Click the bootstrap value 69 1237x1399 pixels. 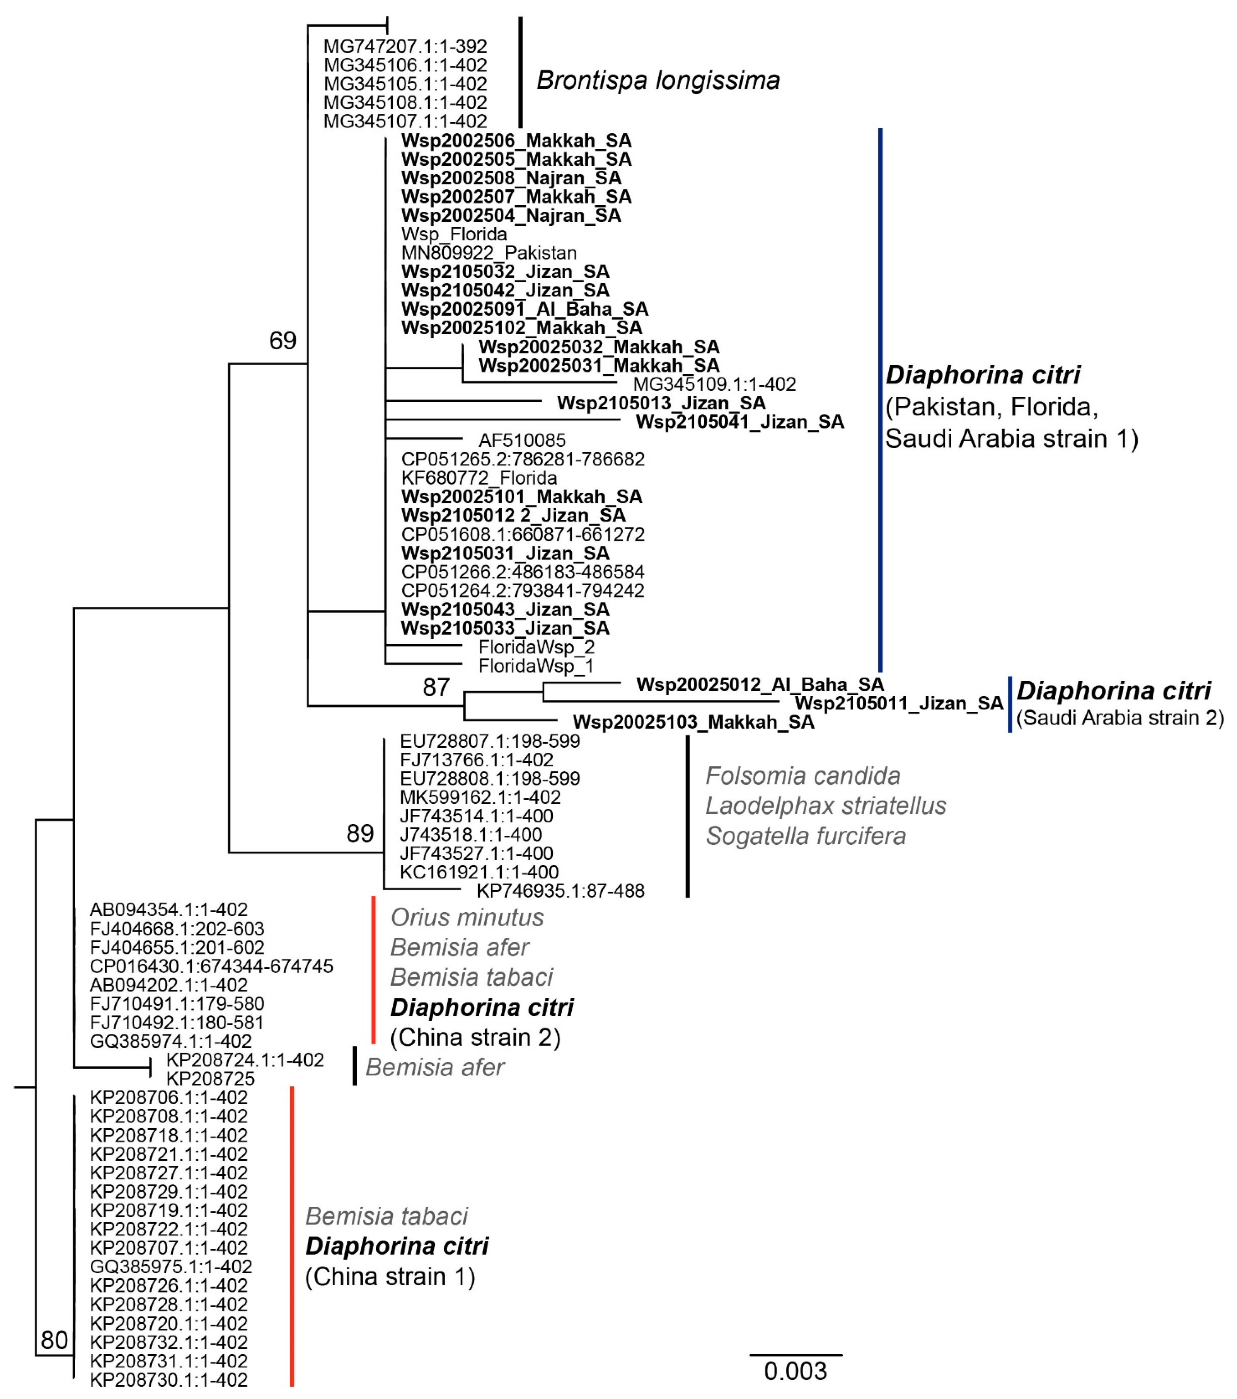pyautogui.click(x=283, y=340)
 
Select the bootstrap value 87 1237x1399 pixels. pyautogui.click(x=436, y=687)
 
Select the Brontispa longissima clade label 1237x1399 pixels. pyautogui.click(x=658, y=81)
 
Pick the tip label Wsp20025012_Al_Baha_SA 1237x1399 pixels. pyautogui.click(x=760, y=684)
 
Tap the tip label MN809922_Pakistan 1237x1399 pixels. pyautogui.click(x=489, y=253)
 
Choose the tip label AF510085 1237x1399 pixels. pyautogui.click(x=522, y=440)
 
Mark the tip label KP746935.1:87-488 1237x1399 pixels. pyautogui.click(x=561, y=891)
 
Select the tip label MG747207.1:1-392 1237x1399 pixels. pyautogui.click(x=405, y=46)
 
